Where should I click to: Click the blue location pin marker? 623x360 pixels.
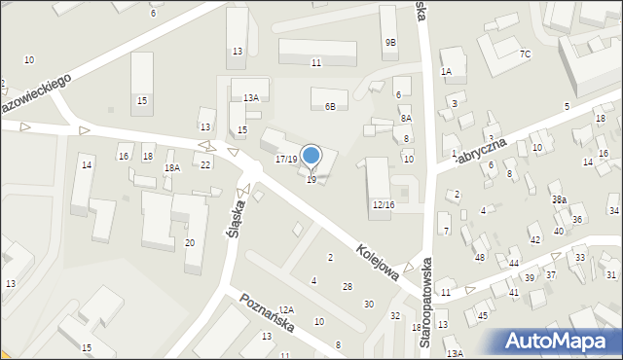311,156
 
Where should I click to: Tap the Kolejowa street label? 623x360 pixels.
378,263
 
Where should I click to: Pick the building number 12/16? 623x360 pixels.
384,204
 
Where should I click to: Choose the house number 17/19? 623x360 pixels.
285,159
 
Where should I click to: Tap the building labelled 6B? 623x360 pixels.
330,106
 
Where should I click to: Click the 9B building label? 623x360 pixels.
390,42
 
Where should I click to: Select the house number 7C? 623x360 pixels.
525,54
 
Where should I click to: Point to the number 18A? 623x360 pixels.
172,168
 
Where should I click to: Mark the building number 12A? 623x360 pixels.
286,309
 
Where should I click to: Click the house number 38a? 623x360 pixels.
559,198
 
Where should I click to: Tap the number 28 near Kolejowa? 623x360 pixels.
347,286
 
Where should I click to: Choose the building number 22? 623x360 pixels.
205,164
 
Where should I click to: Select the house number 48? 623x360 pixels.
479,257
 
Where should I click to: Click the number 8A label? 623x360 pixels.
406,118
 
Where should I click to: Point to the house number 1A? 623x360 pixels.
446,71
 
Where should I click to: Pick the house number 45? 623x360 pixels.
482,315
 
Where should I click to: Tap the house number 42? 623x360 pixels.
534,239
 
